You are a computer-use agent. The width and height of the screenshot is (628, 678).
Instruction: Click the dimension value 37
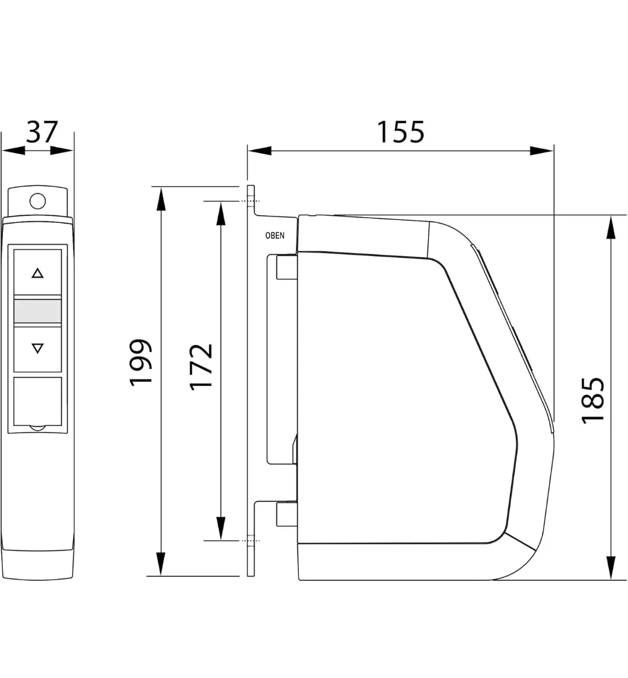point(42,132)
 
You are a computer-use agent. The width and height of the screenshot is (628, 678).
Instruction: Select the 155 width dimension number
point(401,132)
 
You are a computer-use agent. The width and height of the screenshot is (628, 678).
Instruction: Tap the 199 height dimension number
point(141,362)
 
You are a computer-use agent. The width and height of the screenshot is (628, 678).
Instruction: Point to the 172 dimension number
point(201,367)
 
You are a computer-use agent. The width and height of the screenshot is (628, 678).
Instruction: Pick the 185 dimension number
point(593,400)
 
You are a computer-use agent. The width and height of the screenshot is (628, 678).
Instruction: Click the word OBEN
point(274,236)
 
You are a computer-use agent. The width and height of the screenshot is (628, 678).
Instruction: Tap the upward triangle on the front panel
point(38,274)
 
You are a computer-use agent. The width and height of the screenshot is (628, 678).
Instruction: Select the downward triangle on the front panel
point(38,348)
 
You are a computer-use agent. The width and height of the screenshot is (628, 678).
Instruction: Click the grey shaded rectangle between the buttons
point(38,311)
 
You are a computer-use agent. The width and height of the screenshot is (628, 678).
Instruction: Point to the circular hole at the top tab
point(38,201)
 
